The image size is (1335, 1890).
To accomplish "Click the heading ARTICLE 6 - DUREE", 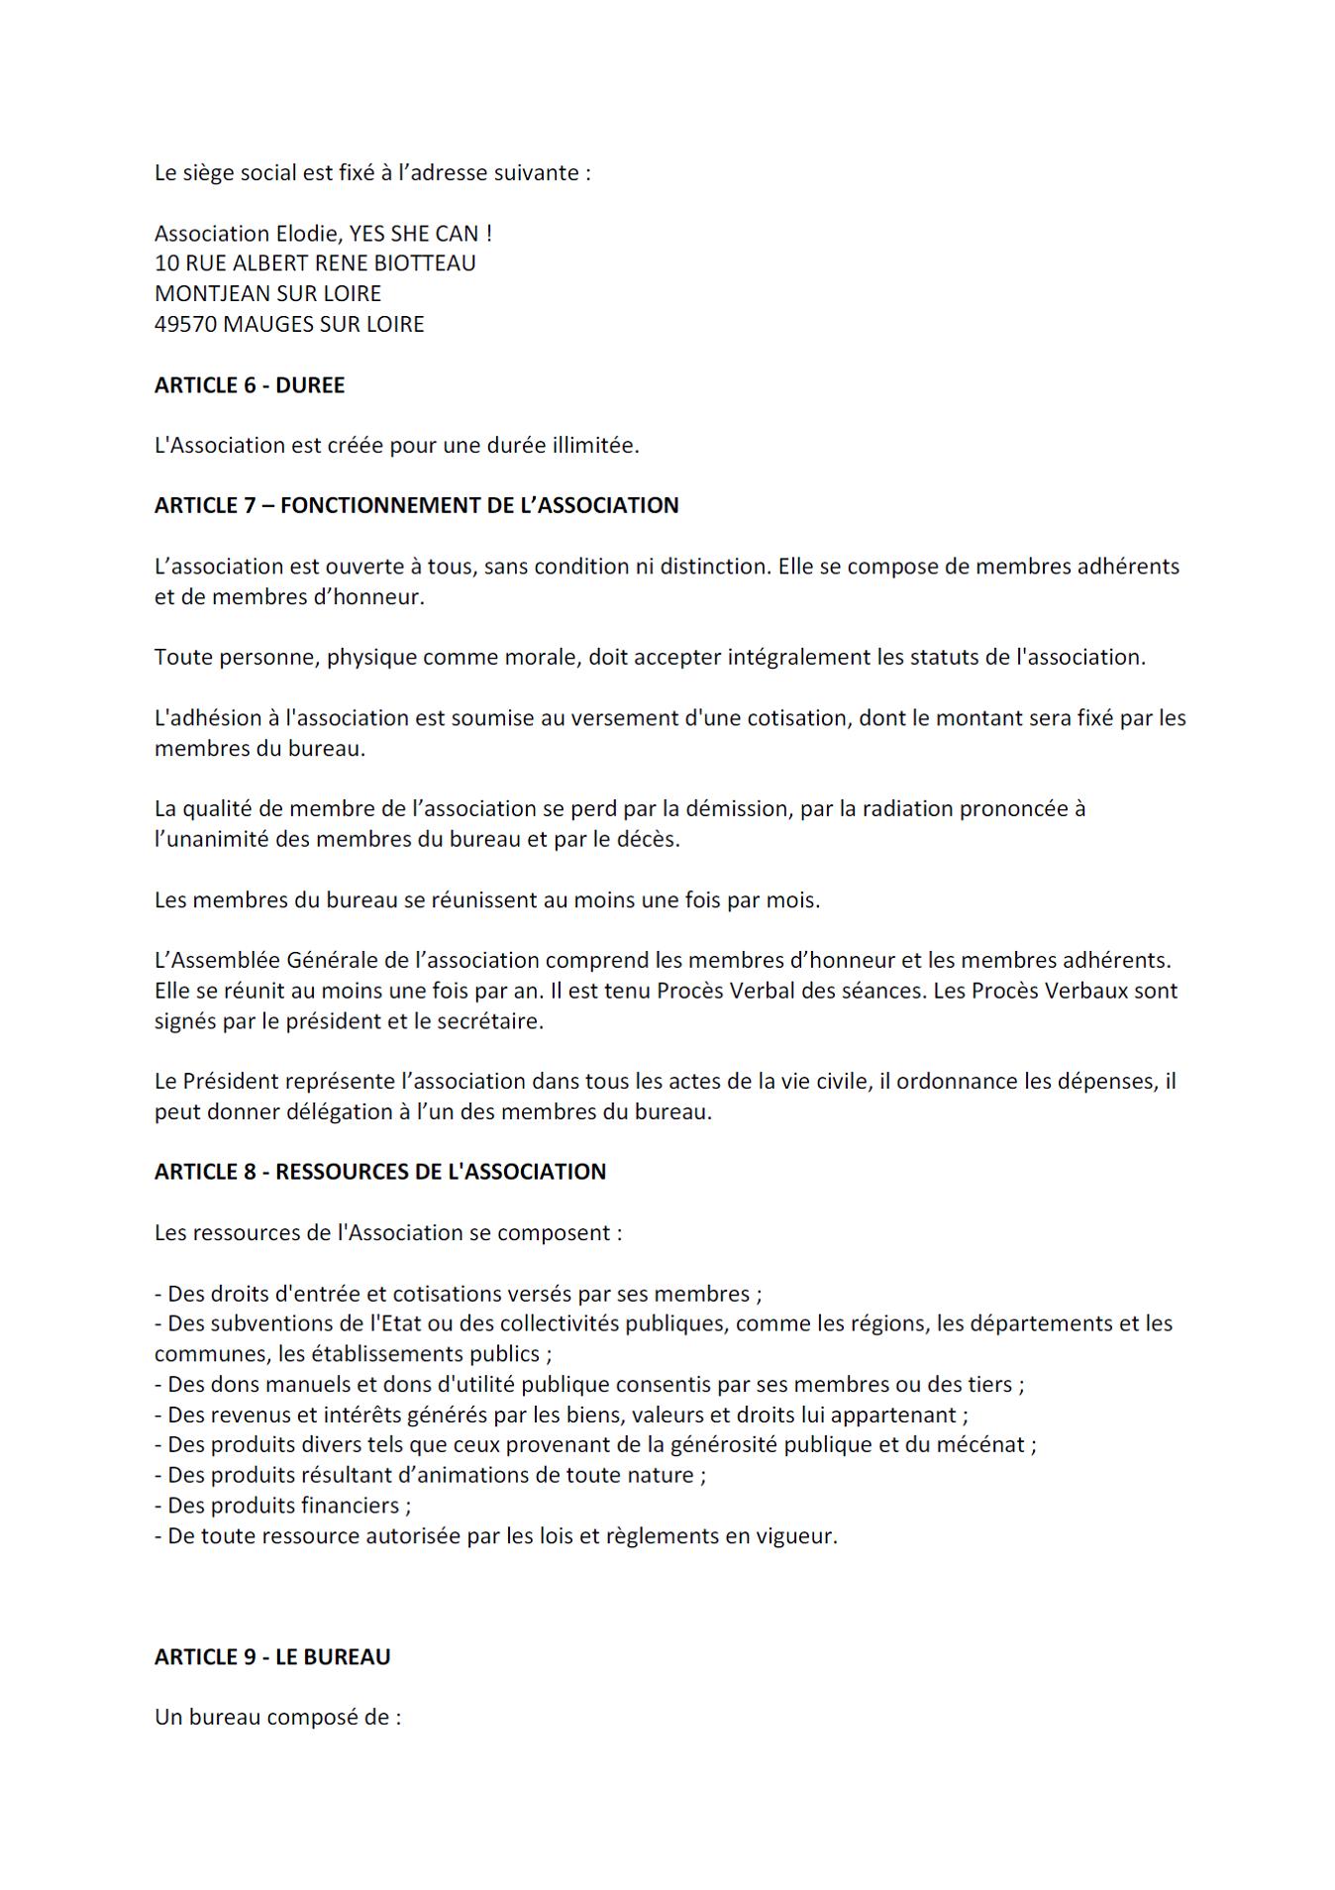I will point(250,385).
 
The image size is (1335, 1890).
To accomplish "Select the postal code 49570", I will point(185,324).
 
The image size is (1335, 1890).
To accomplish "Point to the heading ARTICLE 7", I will point(416,505).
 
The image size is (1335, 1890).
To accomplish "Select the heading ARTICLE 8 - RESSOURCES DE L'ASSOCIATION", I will point(379,1172).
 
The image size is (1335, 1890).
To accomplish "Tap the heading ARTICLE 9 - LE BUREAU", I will point(272,1656).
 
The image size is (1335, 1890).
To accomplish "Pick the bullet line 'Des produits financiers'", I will point(282,1506).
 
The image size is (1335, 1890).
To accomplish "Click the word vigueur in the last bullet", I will point(797,1536).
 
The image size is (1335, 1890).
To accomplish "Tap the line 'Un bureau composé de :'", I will point(277,1717).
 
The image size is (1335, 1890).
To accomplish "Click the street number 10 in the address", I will point(166,263).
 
